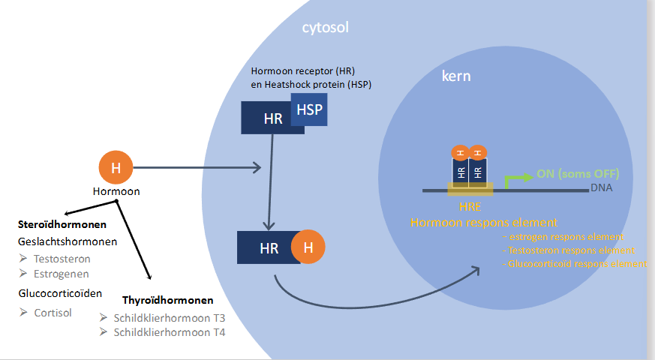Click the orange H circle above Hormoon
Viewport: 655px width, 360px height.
tap(116, 167)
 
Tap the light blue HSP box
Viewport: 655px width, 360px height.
tap(309, 109)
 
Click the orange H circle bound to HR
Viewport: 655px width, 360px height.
tap(308, 247)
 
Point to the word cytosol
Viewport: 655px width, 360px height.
tap(325, 28)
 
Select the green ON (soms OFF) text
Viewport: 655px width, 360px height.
tap(578, 174)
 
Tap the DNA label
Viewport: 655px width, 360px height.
tap(602, 187)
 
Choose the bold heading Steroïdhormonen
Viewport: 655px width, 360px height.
tap(62, 224)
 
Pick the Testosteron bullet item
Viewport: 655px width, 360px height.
tap(62, 259)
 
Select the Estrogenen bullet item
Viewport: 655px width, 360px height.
tap(62, 274)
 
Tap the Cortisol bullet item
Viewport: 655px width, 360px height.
tap(53, 312)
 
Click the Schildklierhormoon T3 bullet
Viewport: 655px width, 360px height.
tap(168, 317)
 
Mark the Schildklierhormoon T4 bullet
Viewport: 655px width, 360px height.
tap(168, 332)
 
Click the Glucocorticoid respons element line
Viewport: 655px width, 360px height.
tap(576, 264)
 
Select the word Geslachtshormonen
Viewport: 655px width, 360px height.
tap(68, 241)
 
